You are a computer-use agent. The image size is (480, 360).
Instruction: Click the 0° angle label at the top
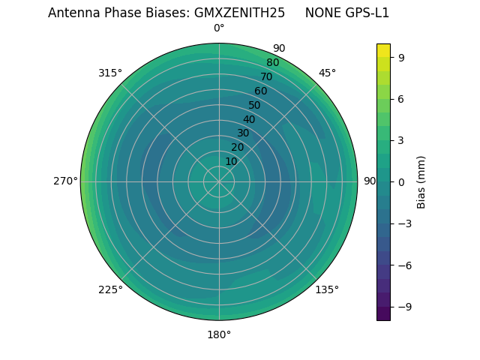[x=219, y=28]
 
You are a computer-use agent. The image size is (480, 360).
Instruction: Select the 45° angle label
[x=327, y=73]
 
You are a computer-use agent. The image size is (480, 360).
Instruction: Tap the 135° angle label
[x=327, y=289]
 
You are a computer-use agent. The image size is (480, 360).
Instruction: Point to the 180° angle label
[x=219, y=334]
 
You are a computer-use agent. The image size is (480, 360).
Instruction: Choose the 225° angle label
[x=110, y=289]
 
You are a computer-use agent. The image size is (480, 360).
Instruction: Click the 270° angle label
[x=66, y=181]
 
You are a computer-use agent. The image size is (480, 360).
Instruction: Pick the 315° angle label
[x=110, y=73]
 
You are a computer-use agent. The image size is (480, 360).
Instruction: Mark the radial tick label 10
[x=231, y=161]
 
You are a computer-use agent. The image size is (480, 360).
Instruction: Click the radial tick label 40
[x=249, y=119]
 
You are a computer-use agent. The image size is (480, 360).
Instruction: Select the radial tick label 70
[x=267, y=76]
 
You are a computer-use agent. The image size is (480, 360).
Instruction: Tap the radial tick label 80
[x=273, y=62]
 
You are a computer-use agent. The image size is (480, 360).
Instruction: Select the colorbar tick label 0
[x=402, y=182]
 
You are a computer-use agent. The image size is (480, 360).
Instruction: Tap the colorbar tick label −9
[x=402, y=307]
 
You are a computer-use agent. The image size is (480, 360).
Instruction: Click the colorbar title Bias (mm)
[x=421, y=182]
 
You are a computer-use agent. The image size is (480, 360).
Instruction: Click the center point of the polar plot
[x=219, y=181]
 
